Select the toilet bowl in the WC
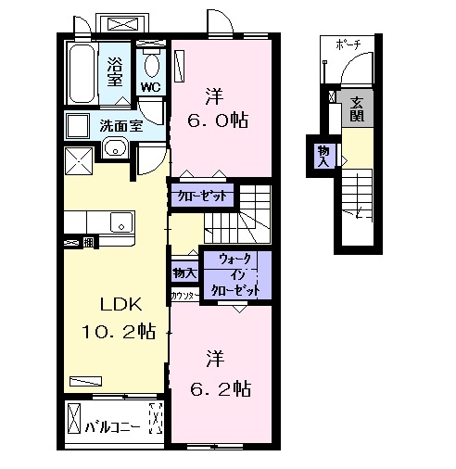(x=152, y=64)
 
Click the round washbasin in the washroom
(x=115, y=146)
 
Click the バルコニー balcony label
(x=112, y=427)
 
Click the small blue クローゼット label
(x=198, y=196)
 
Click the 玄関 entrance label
(x=356, y=110)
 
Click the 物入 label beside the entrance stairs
(x=323, y=153)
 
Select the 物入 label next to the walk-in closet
(x=184, y=273)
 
